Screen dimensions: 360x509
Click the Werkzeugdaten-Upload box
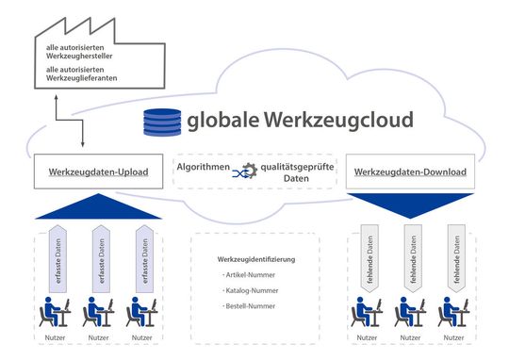94,172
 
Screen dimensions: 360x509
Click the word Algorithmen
204,166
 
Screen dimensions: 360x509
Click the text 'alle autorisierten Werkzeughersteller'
85,49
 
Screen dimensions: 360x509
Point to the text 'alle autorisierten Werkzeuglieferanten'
85,74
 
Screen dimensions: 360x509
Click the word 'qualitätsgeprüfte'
297,166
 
